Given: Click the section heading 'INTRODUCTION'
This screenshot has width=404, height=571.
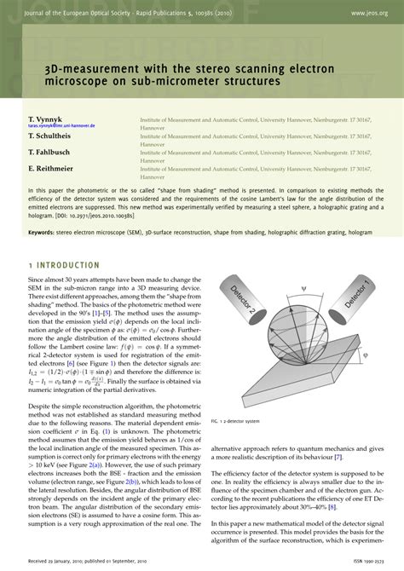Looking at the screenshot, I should point(69,240).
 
